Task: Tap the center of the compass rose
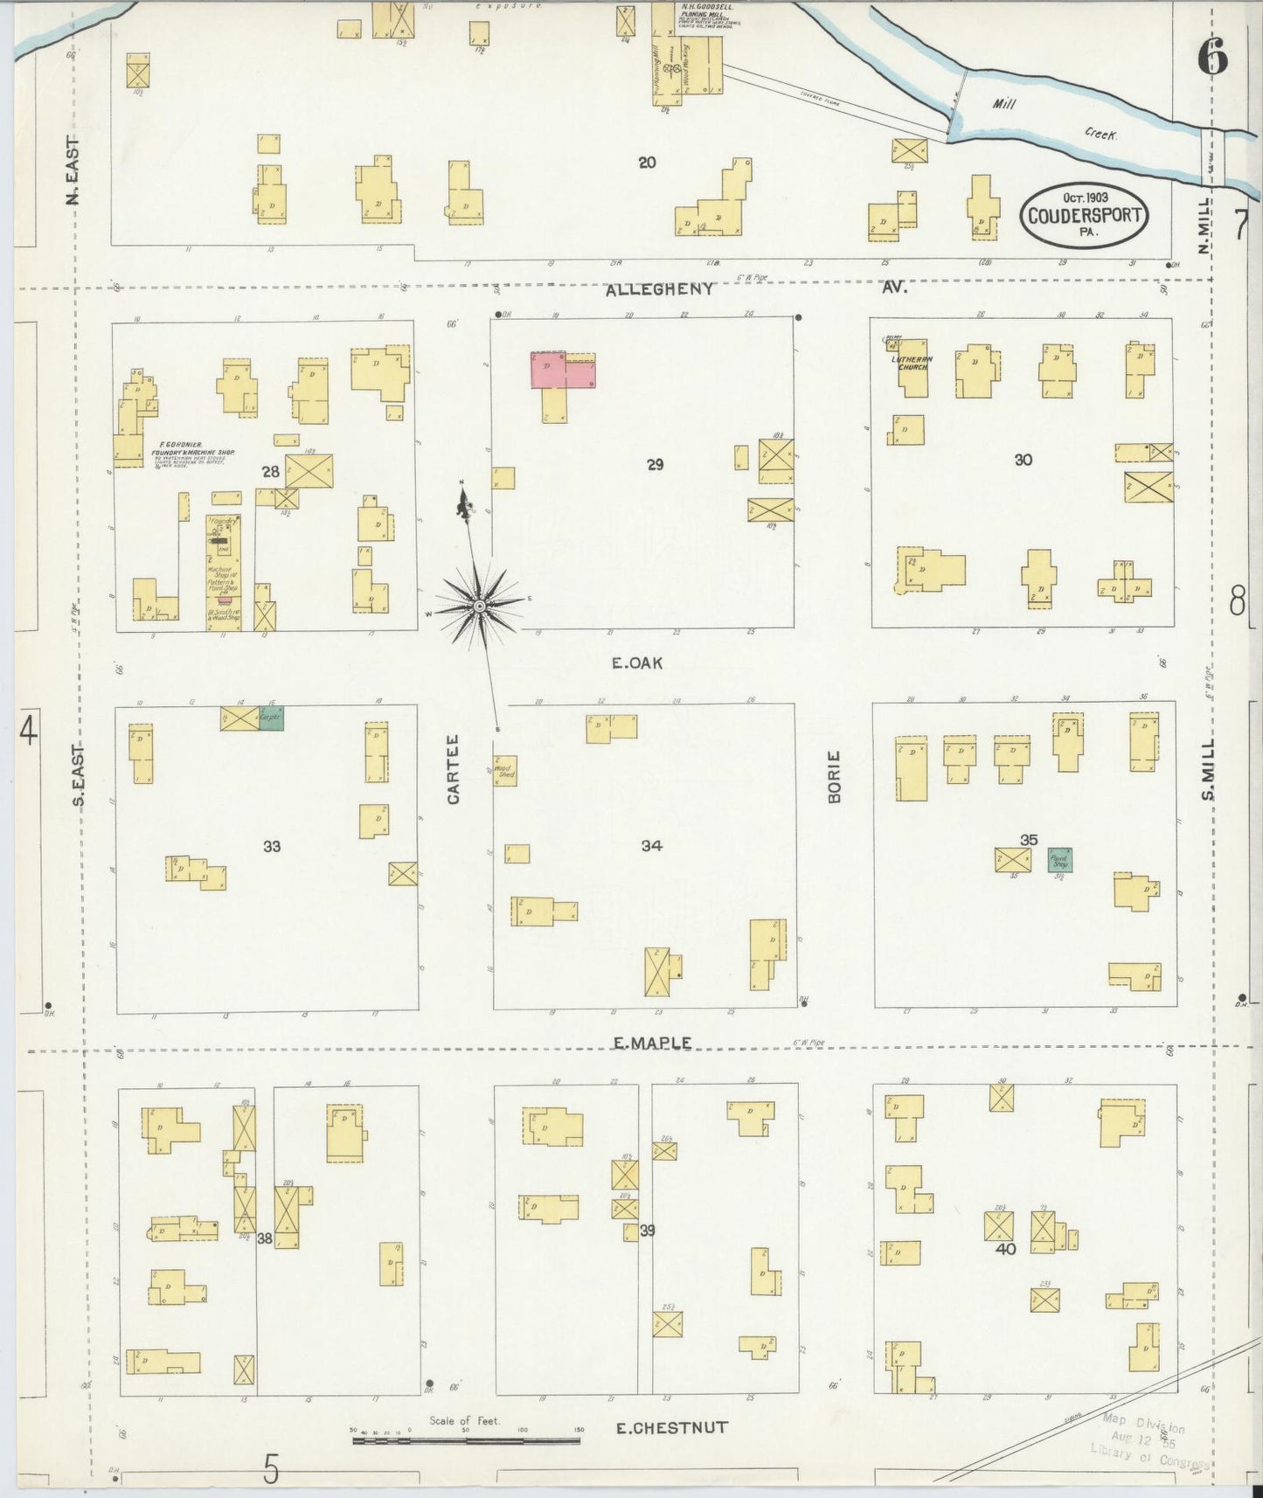[x=480, y=606]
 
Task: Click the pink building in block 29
[x=562, y=370]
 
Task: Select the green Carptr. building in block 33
[x=271, y=718]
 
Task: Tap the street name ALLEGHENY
[x=659, y=288]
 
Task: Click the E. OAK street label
[x=636, y=663]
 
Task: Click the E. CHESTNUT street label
[x=671, y=1428]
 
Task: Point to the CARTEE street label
[x=454, y=780]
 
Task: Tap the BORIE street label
[x=833, y=777]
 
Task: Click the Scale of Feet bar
[x=467, y=1439]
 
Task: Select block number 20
[x=647, y=162]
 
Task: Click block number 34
[x=651, y=845]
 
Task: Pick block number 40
[x=1005, y=1249]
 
